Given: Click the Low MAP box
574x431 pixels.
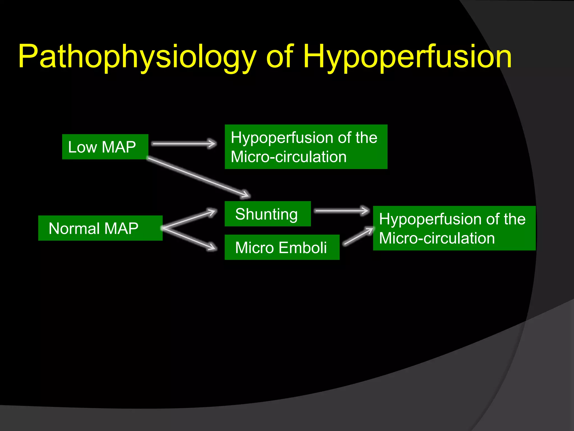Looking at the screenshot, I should coord(105,147).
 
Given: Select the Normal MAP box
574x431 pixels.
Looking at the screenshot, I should coord(100,228).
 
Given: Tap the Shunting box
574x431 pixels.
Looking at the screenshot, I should coord(268,214).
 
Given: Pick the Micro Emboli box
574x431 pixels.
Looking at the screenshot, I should coord(282,247).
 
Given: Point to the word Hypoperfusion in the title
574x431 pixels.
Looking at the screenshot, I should coord(407,57).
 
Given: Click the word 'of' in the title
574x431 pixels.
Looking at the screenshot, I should coord(280,57).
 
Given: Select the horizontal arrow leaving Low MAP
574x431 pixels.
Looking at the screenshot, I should coord(184,144).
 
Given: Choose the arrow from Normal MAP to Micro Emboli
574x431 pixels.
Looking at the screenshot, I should coord(189,239).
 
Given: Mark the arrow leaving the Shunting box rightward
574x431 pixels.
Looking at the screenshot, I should coord(342,211).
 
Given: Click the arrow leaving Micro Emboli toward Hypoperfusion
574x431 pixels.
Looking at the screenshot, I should coord(359,236).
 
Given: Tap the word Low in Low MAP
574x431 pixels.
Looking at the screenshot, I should coord(82,147).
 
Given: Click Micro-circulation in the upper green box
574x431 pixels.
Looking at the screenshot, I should coord(289,157).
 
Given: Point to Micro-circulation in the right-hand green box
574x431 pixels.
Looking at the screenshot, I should coord(437,238).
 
